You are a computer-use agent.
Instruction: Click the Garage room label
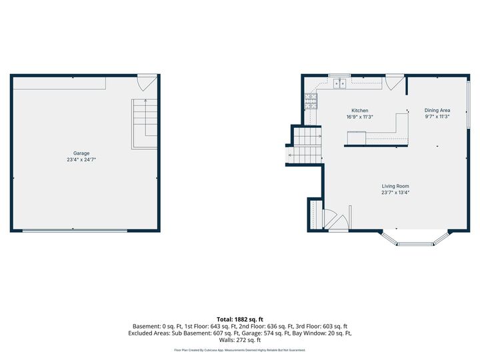point(81,153)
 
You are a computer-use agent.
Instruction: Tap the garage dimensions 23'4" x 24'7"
point(81,159)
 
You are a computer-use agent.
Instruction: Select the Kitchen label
point(360,110)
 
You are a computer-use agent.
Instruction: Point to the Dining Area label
point(437,110)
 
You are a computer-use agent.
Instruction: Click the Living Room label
point(395,186)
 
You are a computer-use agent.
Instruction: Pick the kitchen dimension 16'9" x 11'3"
point(360,117)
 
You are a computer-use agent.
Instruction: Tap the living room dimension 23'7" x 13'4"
point(395,192)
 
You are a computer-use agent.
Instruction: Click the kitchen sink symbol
point(339,83)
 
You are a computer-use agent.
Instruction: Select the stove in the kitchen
point(311,101)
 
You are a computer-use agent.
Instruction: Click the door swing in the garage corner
point(147,83)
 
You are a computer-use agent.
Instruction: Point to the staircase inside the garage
point(145,124)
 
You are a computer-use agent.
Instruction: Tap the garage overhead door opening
point(75,231)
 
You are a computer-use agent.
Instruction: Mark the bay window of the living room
point(415,239)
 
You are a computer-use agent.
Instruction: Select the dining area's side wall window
point(468,104)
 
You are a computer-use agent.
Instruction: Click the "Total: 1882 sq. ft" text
point(240,319)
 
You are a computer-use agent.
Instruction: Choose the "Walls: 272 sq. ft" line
point(240,340)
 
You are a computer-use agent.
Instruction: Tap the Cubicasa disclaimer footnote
point(240,350)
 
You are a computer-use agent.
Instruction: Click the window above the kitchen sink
point(339,75)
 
